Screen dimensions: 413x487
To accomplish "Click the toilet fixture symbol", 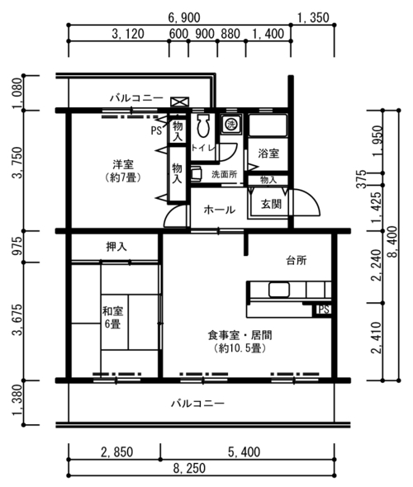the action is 203,126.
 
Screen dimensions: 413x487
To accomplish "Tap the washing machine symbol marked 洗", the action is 231,125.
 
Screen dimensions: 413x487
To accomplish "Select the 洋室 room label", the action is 123,163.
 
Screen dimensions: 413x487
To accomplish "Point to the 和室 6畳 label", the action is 112,317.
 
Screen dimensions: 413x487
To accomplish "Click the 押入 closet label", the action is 116,247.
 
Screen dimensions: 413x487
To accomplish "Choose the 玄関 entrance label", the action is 271,204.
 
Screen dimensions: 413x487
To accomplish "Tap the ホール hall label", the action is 220,210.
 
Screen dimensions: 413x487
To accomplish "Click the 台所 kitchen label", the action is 297,260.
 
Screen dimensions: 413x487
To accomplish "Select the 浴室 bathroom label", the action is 268,154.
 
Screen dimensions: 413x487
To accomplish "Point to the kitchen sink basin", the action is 279,290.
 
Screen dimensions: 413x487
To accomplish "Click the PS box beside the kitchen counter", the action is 323,310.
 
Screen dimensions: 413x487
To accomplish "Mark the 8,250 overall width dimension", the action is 189,468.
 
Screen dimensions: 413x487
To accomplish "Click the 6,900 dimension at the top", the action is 184,17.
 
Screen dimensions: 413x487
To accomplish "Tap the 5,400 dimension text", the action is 244,452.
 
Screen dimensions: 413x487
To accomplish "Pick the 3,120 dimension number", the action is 128,34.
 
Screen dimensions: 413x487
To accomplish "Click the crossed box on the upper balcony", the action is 179,102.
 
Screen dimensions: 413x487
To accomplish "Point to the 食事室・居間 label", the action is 240,335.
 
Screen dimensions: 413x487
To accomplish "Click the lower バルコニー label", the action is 198,404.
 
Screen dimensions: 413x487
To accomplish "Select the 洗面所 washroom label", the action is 225,174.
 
